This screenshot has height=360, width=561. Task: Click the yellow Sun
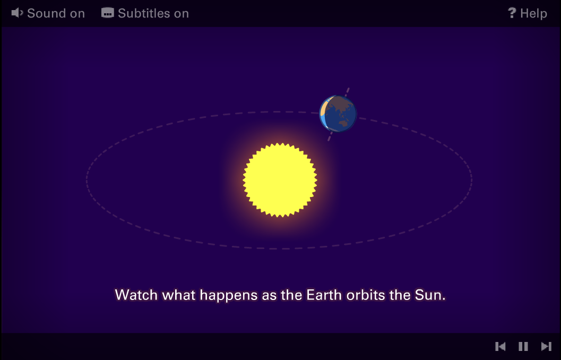[280, 180]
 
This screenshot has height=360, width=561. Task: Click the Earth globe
[338, 114]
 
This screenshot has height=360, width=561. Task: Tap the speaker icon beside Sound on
[17, 13]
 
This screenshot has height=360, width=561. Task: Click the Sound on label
[56, 14]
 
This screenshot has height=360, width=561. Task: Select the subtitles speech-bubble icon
[107, 13]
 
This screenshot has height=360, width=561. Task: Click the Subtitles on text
[153, 14]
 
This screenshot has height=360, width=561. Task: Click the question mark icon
[512, 13]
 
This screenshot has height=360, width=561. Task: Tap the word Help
[533, 14]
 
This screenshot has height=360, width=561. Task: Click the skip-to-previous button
[500, 346]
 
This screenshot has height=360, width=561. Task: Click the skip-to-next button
[546, 346]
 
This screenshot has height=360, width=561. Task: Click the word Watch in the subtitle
[136, 295]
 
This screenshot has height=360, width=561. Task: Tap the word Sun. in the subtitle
[430, 295]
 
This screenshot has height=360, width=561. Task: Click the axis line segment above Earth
[347, 92]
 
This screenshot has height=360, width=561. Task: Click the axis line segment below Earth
[330, 136]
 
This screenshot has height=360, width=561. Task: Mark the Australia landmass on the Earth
[343, 124]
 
